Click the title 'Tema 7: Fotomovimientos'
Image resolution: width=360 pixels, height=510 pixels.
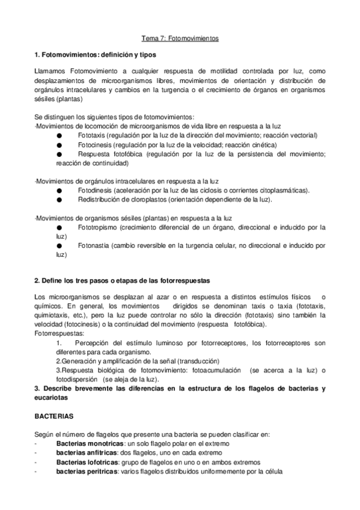click(x=180, y=38)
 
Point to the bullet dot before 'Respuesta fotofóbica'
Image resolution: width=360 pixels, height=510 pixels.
click(x=59, y=154)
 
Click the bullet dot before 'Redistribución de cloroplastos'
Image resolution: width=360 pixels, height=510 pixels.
click(x=59, y=199)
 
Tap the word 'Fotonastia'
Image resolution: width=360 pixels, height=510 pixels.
click(x=93, y=245)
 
